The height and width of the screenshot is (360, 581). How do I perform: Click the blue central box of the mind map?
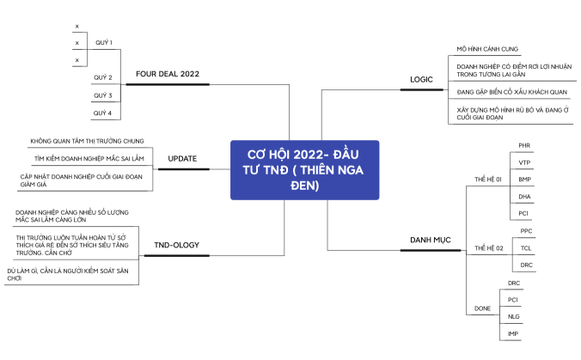(304, 170)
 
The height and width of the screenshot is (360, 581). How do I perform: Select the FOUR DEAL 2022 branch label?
(168, 74)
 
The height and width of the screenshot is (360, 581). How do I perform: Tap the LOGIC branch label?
(421, 80)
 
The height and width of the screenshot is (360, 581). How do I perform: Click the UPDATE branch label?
(182, 158)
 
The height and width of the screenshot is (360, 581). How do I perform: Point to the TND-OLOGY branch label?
(177, 245)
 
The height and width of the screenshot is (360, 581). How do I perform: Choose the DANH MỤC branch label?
(431, 240)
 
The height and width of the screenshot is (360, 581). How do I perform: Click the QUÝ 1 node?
(104, 43)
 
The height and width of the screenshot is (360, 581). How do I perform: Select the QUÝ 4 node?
(102, 113)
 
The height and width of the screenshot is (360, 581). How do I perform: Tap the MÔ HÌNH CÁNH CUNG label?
(487, 49)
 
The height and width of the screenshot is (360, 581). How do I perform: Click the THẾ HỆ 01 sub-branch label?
(488, 180)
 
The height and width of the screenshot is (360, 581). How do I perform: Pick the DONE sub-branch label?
(482, 308)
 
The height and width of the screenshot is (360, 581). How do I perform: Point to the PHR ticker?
(524, 145)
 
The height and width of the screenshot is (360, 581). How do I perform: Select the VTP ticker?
(524, 162)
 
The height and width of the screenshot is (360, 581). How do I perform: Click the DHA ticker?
(524, 197)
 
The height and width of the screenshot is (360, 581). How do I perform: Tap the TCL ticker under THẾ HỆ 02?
(526, 248)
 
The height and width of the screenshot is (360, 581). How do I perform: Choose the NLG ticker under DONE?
(514, 317)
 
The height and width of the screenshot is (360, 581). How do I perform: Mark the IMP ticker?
(513, 333)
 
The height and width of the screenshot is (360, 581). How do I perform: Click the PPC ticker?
(526, 231)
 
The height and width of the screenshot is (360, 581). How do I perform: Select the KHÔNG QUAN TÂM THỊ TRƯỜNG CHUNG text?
(87, 141)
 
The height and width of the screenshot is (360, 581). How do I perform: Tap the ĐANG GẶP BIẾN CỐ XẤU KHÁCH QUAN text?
(511, 92)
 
